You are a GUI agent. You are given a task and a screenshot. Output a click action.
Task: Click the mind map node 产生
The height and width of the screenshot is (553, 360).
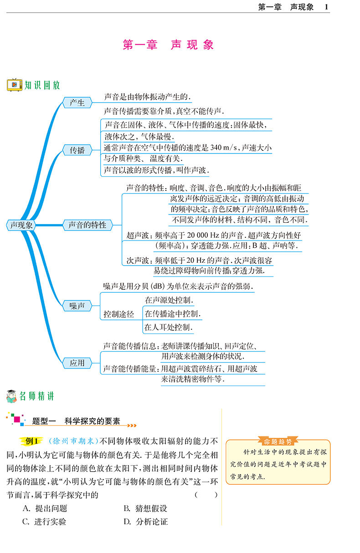tap(77, 102)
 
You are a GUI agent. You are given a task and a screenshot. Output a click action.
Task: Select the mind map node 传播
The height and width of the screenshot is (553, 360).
tap(77, 150)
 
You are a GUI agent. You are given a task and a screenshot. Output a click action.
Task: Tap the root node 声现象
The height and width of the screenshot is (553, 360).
tap(21, 225)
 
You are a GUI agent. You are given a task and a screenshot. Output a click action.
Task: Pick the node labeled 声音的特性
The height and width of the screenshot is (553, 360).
tap(87, 225)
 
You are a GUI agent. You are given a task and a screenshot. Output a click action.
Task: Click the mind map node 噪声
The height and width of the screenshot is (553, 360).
tap(77, 306)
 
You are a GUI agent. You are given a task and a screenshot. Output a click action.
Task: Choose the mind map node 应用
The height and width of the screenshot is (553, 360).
tap(77, 363)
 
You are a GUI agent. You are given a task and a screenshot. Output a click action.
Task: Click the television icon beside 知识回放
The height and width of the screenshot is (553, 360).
tap(14, 85)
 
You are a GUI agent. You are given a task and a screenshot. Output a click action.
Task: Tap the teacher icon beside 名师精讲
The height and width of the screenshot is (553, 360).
tap(11, 396)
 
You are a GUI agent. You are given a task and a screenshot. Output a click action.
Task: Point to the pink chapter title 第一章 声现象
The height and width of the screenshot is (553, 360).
tap(168, 45)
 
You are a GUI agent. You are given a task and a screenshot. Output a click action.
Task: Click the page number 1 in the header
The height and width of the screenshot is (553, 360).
tap(326, 7)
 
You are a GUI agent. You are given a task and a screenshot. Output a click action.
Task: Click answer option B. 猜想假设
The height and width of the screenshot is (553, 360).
tap(145, 508)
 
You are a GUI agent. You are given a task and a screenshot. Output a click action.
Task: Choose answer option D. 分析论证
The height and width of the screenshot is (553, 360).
tap(146, 522)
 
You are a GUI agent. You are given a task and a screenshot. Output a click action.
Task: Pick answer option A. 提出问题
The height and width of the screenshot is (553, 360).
tap(45, 508)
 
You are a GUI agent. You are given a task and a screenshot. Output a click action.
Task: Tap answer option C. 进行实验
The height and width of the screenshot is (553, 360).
tap(44, 522)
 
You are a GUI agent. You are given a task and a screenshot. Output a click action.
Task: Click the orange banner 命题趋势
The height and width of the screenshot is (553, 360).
tap(278, 441)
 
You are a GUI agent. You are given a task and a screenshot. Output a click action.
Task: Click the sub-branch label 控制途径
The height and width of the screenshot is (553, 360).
tap(118, 314)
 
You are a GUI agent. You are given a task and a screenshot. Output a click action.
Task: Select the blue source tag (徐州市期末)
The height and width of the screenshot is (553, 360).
tap(73, 441)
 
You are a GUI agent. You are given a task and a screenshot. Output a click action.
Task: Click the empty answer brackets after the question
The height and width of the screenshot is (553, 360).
tap(206, 495)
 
